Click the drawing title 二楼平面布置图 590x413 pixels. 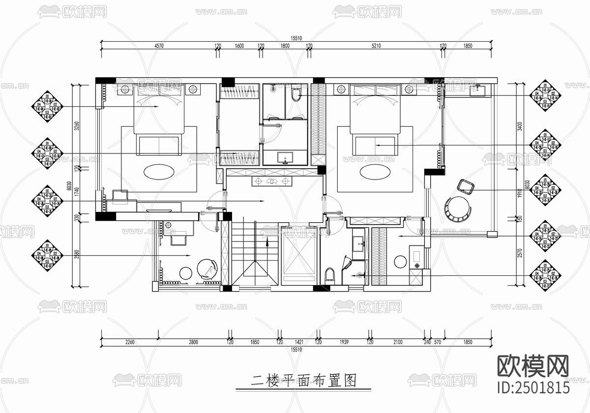[303, 380]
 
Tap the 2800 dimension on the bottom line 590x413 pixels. [193, 342]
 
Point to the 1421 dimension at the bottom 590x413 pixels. [299, 342]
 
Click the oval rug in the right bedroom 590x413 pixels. [375, 172]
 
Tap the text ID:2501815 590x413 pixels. [534, 387]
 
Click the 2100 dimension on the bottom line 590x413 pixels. [398, 342]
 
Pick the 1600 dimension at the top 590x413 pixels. [239, 46]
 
